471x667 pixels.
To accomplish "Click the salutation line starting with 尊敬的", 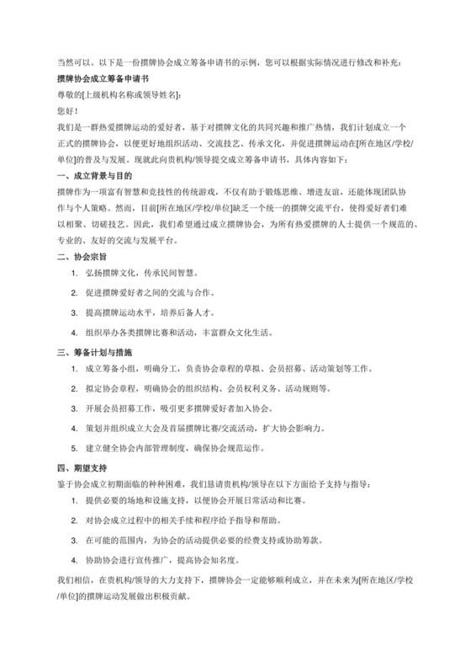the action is click(x=118, y=93).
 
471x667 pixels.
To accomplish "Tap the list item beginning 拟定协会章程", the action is click(x=220, y=389).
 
